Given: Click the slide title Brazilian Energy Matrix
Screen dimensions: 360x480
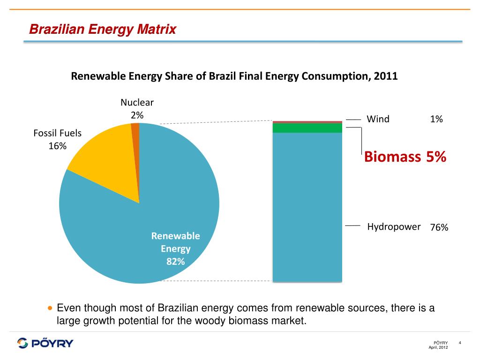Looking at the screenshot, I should pyautogui.click(x=102, y=30).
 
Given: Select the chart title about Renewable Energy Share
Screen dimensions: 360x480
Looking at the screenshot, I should pyautogui.click(x=234, y=76).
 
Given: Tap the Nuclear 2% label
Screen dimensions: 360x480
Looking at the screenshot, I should pyautogui.click(x=137, y=108).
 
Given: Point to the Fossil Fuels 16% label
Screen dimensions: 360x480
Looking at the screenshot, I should pyautogui.click(x=57, y=139).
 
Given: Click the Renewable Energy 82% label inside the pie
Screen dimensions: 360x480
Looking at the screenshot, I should pyautogui.click(x=175, y=248).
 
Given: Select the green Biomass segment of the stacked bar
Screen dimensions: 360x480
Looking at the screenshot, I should pyautogui.click(x=307, y=128).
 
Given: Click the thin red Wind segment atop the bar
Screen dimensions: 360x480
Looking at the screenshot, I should pyautogui.click(x=307, y=122).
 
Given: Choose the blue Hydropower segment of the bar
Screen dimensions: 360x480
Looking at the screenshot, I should pyautogui.click(x=307, y=206).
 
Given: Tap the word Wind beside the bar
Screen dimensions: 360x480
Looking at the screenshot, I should pyautogui.click(x=378, y=119).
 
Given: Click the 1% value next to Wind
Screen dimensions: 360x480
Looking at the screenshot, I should pyautogui.click(x=436, y=120).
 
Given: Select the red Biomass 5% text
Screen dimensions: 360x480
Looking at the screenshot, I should pyautogui.click(x=405, y=157).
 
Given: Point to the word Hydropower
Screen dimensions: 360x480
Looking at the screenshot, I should pyautogui.click(x=393, y=227).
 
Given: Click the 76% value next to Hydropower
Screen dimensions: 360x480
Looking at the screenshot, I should pyautogui.click(x=439, y=228).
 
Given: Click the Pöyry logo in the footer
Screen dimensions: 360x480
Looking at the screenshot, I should pyautogui.click(x=45, y=343).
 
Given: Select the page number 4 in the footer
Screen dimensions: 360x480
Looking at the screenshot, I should pyautogui.click(x=460, y=343).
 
